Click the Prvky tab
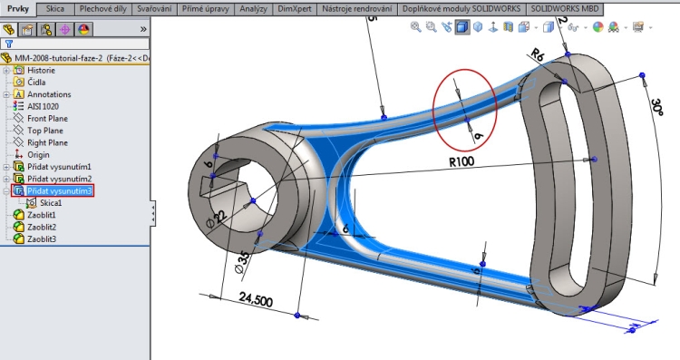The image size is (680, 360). [19, 8]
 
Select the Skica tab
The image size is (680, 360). [55, 8]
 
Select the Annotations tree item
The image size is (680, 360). [49, 94]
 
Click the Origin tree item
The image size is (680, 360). [38, 154]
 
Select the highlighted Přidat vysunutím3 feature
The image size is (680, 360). [60, 190]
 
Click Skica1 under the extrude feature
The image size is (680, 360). [51, 203]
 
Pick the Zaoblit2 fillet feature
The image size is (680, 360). [42, 227]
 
